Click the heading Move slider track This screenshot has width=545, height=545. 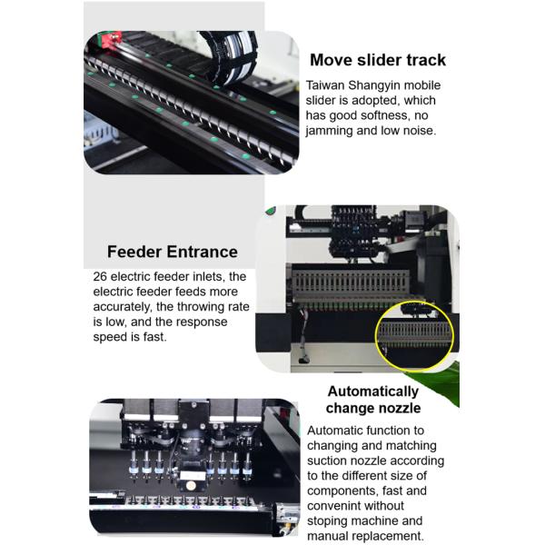pos(378,60)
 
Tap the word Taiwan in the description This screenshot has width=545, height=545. pos(325,85)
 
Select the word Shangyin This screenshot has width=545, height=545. pos(373,85)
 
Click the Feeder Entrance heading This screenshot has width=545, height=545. pos(173,252)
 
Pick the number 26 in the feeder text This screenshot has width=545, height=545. pos(100,277)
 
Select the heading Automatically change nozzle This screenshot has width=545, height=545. pos(373,400)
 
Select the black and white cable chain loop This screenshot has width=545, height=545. pos(230,55)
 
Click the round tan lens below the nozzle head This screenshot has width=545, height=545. pos(190,485)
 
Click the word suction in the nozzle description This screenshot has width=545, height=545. pos(327,461)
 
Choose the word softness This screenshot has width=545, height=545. pos(386,115)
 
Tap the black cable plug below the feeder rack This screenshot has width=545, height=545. pos(303,360)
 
